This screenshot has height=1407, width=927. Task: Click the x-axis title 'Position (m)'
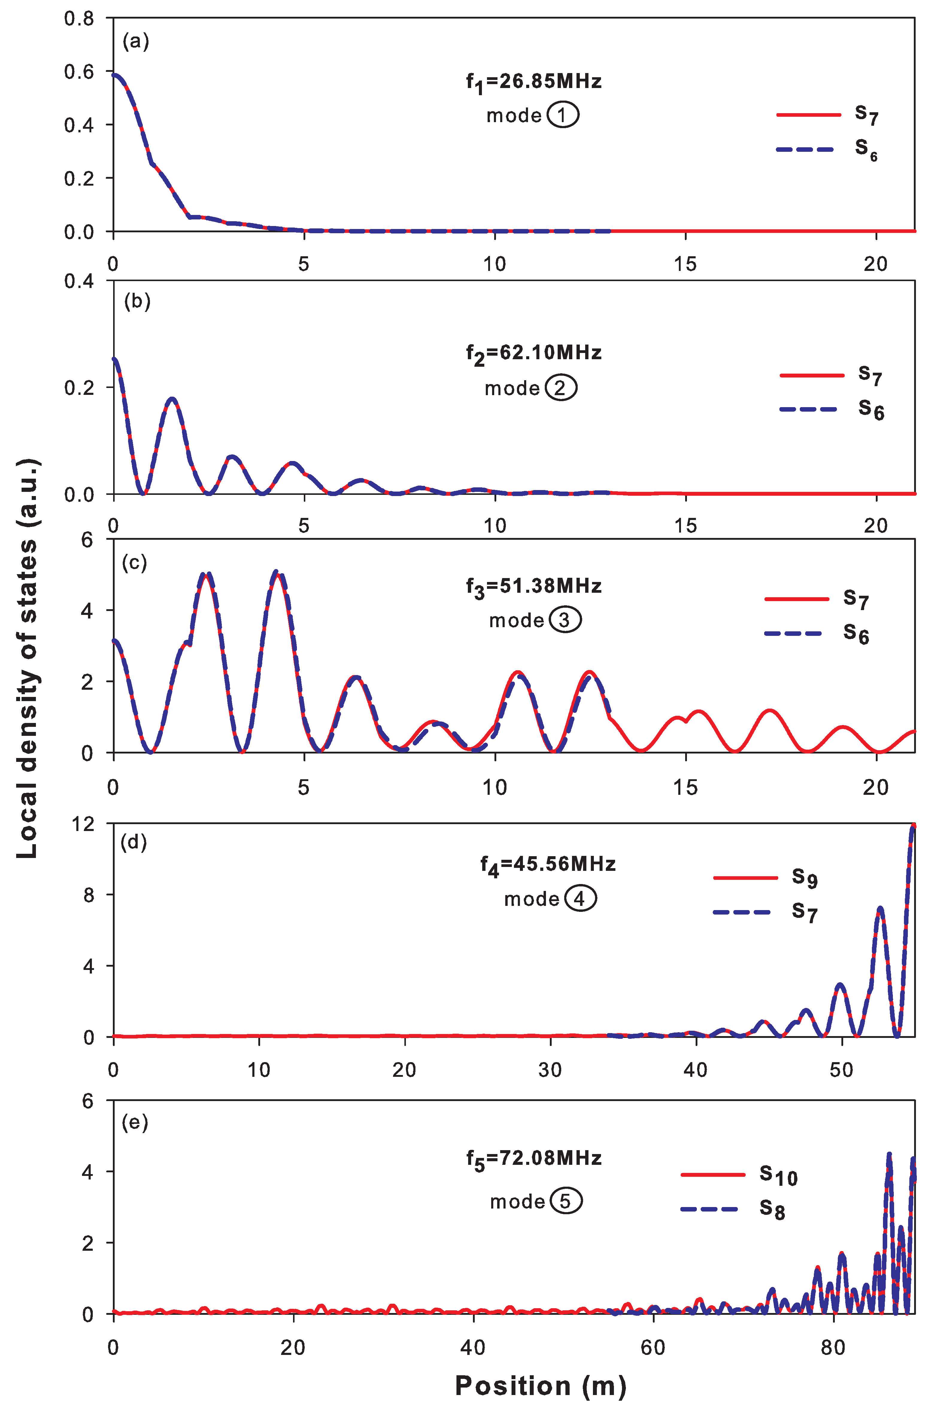pyautogui.click(x=540, y=1385)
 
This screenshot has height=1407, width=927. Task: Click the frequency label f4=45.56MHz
pyautogui.click(x=547, y=865)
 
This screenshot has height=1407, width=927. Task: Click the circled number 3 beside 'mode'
pyautogui.click(x=565, y=620)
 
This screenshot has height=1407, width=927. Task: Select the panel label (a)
pyautogui.click(x=135, y=41)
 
